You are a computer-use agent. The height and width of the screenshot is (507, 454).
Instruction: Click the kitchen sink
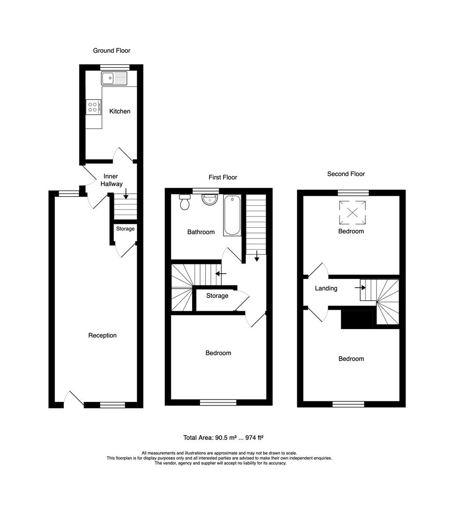tap(114, 78)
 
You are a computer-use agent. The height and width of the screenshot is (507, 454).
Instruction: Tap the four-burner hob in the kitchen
tap(93, 108)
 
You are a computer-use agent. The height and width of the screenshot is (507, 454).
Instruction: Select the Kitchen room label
tap(120, 111)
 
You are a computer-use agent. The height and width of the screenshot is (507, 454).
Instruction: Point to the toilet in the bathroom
tap(185, 202)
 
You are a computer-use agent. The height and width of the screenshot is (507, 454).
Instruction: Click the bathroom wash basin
tap(209, 200)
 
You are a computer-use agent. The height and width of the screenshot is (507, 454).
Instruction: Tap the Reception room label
tap(102, 335)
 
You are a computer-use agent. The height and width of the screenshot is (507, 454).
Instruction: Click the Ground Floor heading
tap(111, 50)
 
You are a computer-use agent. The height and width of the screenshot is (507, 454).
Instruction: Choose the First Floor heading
tap(223, 177)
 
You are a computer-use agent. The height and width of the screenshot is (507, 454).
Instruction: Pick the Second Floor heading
tap(346, 174)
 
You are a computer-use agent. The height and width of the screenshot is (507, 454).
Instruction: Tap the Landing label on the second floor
tap(326, 288)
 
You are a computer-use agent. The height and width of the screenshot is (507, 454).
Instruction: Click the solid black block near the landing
tap(356, 319)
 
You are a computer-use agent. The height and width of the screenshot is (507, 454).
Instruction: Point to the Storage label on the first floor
tap(217, 296)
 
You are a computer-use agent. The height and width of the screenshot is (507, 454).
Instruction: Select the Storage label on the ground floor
tap(125, 229)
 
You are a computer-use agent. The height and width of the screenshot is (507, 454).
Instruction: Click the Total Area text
tap(223, 438)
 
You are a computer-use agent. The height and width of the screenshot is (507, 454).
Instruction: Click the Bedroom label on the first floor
tap(218, 353)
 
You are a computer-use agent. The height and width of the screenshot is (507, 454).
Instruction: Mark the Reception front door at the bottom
tap(74, 398)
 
